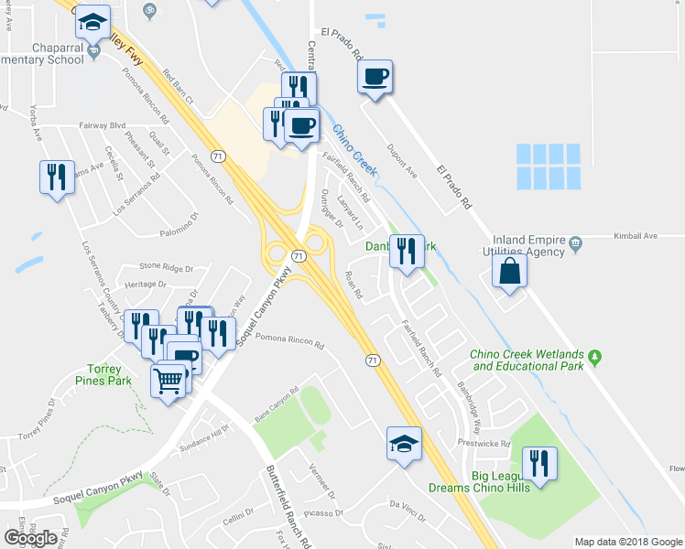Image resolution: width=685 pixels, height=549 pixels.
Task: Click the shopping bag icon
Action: coord(508,270)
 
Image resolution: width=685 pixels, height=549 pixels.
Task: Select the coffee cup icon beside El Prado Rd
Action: coord(375,75)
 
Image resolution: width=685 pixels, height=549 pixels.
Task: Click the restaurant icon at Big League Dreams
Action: coord(540,463)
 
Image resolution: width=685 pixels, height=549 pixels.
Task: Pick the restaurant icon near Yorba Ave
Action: coord(56,176)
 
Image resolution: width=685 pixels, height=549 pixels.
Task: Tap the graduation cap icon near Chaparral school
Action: coord(91,21)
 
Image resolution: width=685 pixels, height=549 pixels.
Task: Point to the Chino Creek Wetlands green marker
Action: coord(594,355)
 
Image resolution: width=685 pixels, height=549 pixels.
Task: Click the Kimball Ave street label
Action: coord(637,236)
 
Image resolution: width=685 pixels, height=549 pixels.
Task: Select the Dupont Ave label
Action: coord(401,159)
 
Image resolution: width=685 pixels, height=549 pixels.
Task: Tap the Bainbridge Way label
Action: coord(470,408)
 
